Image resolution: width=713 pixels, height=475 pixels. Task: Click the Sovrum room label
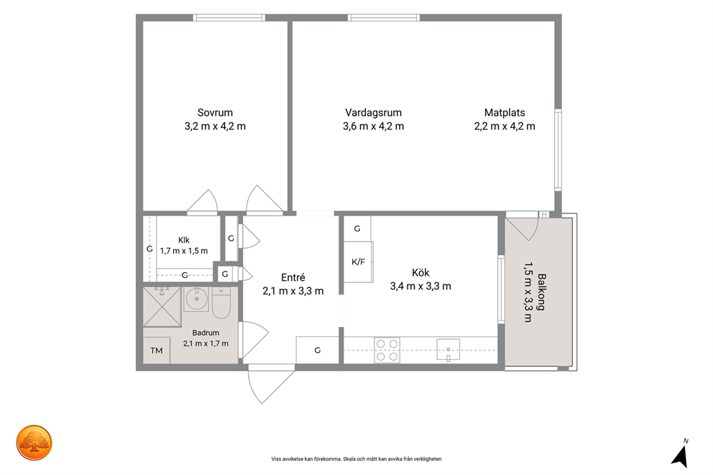pyautogui.click(x=215, y=112)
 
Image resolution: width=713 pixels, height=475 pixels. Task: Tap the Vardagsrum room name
pyautogui.click(x=373, y=112)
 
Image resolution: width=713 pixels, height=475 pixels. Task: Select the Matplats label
pyautogui.click(x=505, y=112)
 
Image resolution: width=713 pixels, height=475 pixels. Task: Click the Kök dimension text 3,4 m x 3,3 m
pyautogui.click(x=420, y=286)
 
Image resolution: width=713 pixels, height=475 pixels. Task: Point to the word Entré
pyautogui.click(x=293, y=277)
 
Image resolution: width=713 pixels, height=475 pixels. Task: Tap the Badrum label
pyautogui.click(x=206, y=333)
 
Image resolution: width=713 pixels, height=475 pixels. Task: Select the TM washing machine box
pyautogui.click(x=157, y=351)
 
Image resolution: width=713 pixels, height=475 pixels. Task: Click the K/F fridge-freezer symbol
pyautogui.click(x=359, y=262)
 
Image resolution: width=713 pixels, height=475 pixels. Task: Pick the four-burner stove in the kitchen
pyautogui.click(x=387, y=350)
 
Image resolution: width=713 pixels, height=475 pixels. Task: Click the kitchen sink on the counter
pyautogui.click(x=448, y=350)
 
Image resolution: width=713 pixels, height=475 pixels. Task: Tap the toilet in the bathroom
pyautogui.click(x=221, y=303)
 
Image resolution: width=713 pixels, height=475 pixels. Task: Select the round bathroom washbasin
pyautogui.click(x=196, y=299)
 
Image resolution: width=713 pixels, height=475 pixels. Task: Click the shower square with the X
pyautogui.click(x=162, y=307)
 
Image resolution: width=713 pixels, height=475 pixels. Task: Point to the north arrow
pyautogui.click(x=681, y=455)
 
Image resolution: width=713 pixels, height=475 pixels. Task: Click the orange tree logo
pyautogui.click(x=34, y=443)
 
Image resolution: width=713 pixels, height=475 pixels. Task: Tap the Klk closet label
pyautogui.click(x=184, y=240)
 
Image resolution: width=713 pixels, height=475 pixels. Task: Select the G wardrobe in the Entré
pyautogui.click(x=318, y=350)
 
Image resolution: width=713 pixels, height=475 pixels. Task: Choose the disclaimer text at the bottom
pyautogui.click(x=356, y=459)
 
